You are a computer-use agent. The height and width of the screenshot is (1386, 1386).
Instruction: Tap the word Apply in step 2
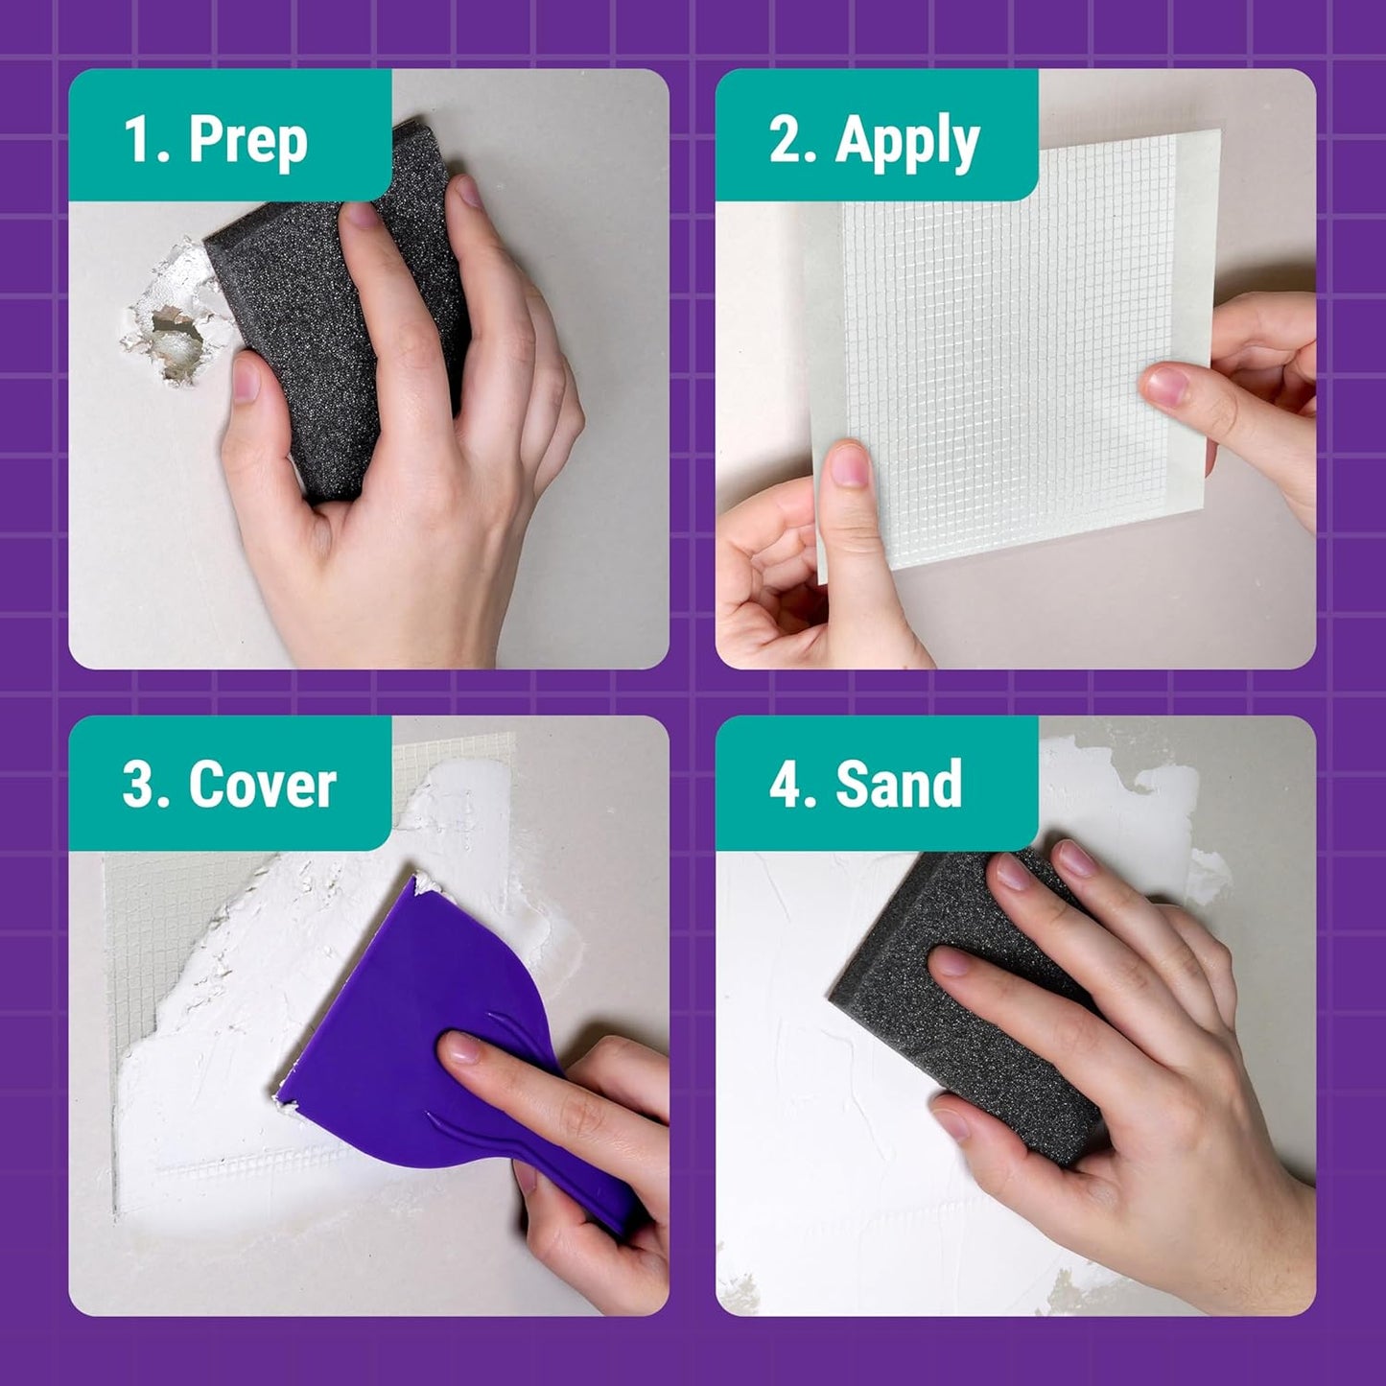pos(906,142)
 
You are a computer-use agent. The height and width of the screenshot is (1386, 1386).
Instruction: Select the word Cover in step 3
pos(262,785)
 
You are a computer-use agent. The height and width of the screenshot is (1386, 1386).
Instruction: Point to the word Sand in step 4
pos(899,785)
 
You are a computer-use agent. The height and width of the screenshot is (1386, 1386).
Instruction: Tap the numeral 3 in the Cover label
pos(137,785)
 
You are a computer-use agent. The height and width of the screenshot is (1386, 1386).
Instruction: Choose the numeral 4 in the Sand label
pos(787,785)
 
